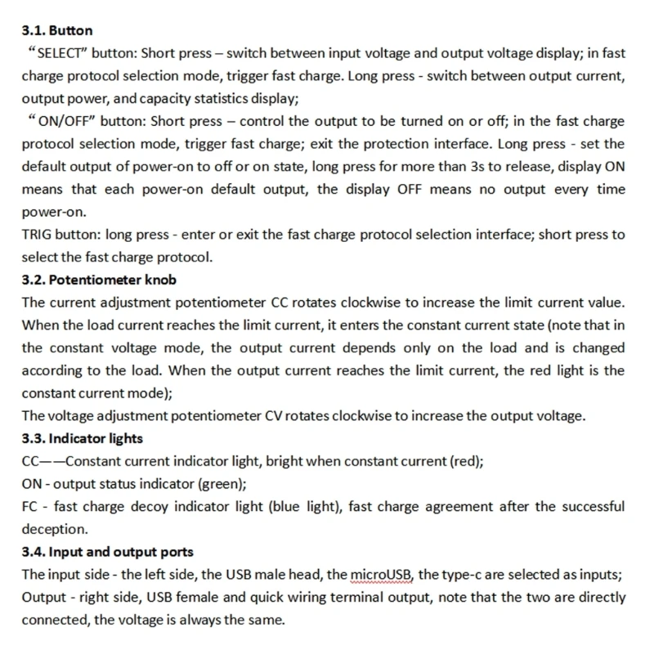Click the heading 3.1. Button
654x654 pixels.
pos(56,31)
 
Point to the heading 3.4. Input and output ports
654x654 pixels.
pos(107,552)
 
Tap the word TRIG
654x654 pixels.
pos(36,234)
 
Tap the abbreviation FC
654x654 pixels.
pos(30,507)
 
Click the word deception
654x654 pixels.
pos(54,529)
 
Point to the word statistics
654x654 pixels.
pos(219,99)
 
